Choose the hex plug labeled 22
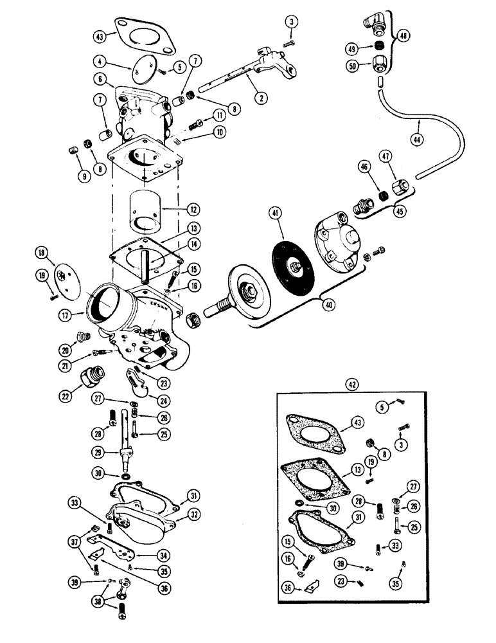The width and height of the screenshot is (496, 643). tap(88, 374)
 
